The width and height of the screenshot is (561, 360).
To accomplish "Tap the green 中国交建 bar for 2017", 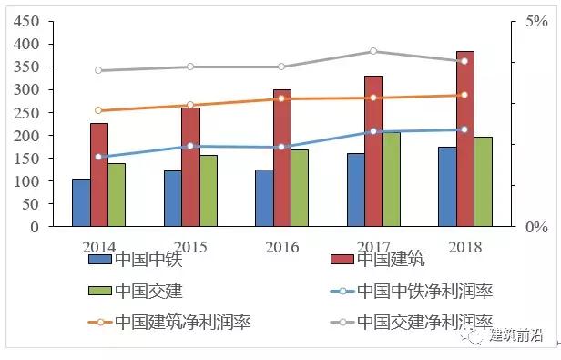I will coord(392,180).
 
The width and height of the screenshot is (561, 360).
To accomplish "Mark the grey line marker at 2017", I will coord(373,51).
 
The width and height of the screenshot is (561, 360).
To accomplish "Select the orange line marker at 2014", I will coord(98,110).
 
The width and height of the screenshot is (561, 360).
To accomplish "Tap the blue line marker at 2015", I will coord(190,146).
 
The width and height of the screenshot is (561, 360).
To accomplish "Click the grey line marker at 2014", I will coord(98,70).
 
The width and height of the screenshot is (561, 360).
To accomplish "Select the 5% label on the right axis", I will coord(536,22).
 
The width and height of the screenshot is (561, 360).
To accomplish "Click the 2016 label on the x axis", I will coord(281,247).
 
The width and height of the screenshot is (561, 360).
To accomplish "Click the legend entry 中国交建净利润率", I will coord(424,322).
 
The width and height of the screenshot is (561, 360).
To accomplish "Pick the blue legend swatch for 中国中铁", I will coord(100,259).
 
